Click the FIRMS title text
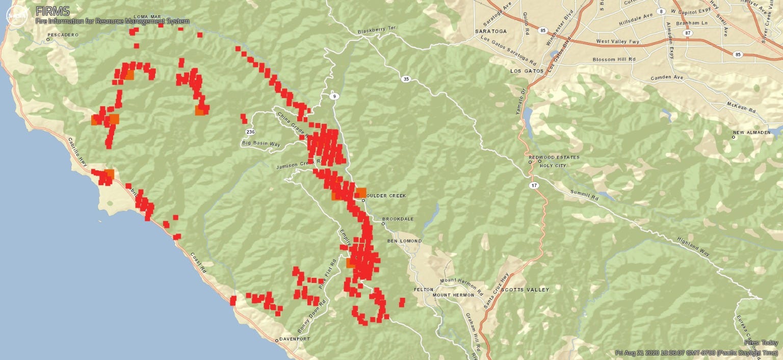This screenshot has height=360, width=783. pyautogui.click(x=53, y=11)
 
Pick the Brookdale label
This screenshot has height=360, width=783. pyautogui.click(x=401, y=219)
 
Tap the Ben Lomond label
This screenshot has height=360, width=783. pyautogui.click(x=404, y=241)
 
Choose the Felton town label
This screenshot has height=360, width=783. pyautogui.click(x=424, y=290)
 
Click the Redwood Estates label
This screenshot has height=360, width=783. pyautogui.click(x=554, y=158)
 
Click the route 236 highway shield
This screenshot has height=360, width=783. pyautogui.click(x=250, y=132)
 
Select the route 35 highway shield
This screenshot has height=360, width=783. pyautogui.click(x=405, y=79)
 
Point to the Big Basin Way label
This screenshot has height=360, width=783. pyautogui.click(x=261, y=144)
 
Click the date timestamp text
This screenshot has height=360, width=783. pyautogui.click(x=697, y=353)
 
